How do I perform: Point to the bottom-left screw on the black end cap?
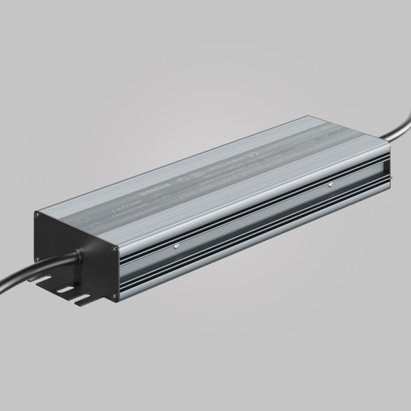tap(38, 264)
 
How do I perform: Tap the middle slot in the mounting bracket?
tap(65, 290)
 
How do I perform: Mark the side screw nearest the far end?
tap(329, 186)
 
